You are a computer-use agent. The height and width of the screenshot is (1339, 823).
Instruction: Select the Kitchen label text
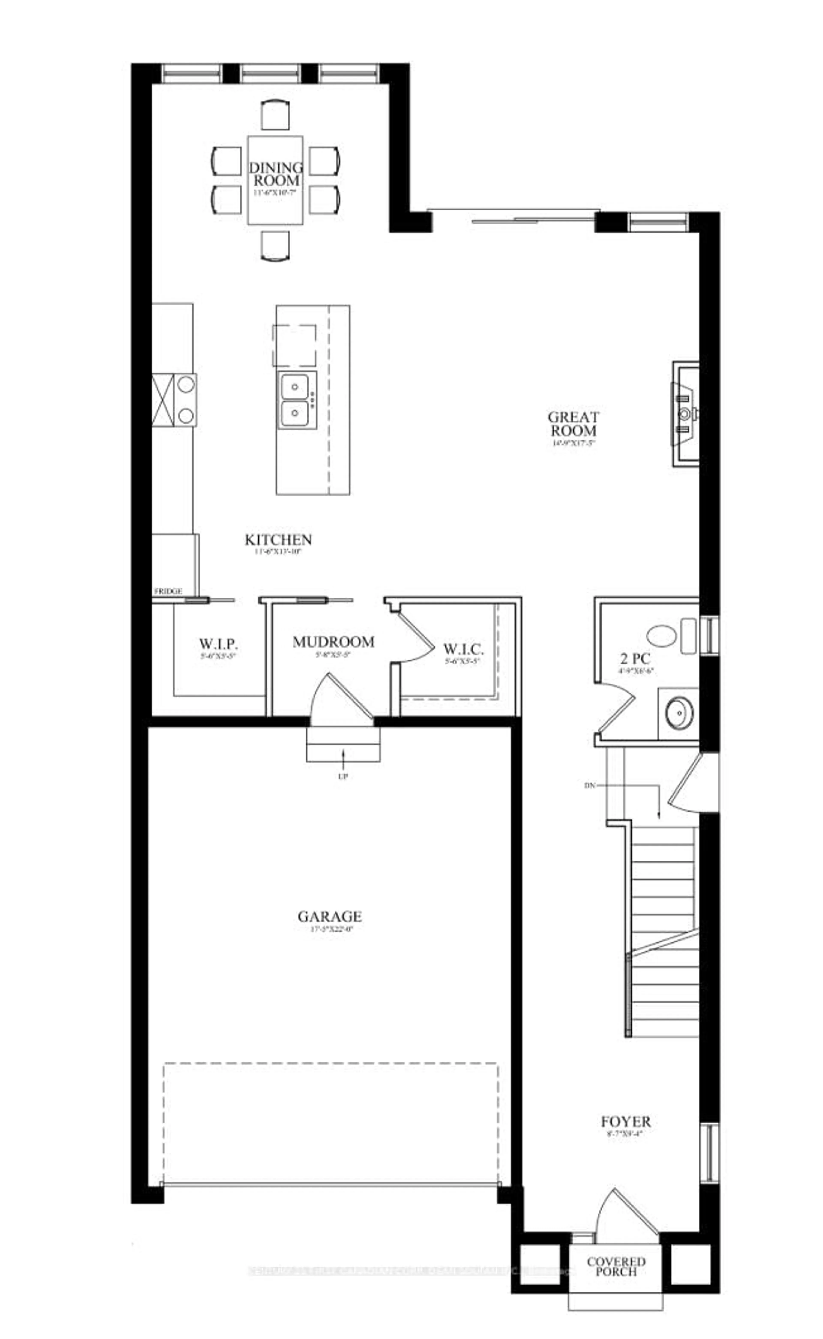pos(278,540)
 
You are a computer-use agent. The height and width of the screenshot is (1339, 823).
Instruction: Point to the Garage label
pos(330,917)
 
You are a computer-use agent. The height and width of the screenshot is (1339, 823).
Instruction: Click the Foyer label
pos(625,1122)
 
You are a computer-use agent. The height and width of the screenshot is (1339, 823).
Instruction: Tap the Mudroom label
pos(333,642)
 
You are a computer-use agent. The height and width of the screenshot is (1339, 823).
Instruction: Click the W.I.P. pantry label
pos(218,645)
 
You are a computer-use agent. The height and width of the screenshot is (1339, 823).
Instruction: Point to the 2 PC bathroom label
pos(635,659)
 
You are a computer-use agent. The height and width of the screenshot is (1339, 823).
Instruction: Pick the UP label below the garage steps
pos(343,776)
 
